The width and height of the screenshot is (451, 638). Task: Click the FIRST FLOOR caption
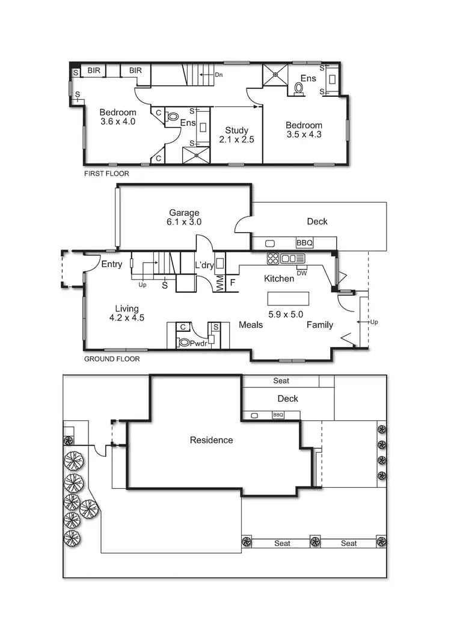click(x=106, y=173)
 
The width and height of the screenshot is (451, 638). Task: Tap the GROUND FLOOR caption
click(x=111, y=359)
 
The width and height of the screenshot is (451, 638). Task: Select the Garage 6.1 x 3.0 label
click(x=184, y=217)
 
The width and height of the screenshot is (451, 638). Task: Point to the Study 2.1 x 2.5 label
click(x=237, y=135)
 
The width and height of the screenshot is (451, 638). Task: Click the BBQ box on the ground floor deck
click(x=305, y=243)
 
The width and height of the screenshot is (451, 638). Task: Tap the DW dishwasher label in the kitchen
click(x=302, y=273)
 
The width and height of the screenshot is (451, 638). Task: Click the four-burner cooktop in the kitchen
click(x=273, y=259)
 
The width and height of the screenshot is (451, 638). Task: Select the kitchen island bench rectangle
click(x=288, y=299)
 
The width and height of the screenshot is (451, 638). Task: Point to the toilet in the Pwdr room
click(x=185, y=343)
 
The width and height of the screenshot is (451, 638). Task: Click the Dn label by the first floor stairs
click(x=219, y=75)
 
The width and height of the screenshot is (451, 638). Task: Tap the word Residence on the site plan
click(x=211, y=440)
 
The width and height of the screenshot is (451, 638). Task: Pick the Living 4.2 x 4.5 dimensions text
click(x=127, y=318)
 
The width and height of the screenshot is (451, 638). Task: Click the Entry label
click(x=112, y=264)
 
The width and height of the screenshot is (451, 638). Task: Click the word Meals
click(x=251, y=325)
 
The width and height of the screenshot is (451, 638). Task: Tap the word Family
click(x=320, y=325)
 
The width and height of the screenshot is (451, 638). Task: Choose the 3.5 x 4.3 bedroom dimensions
click(x=304, y=135)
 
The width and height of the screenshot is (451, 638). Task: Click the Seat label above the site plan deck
click(x=281, y=381)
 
